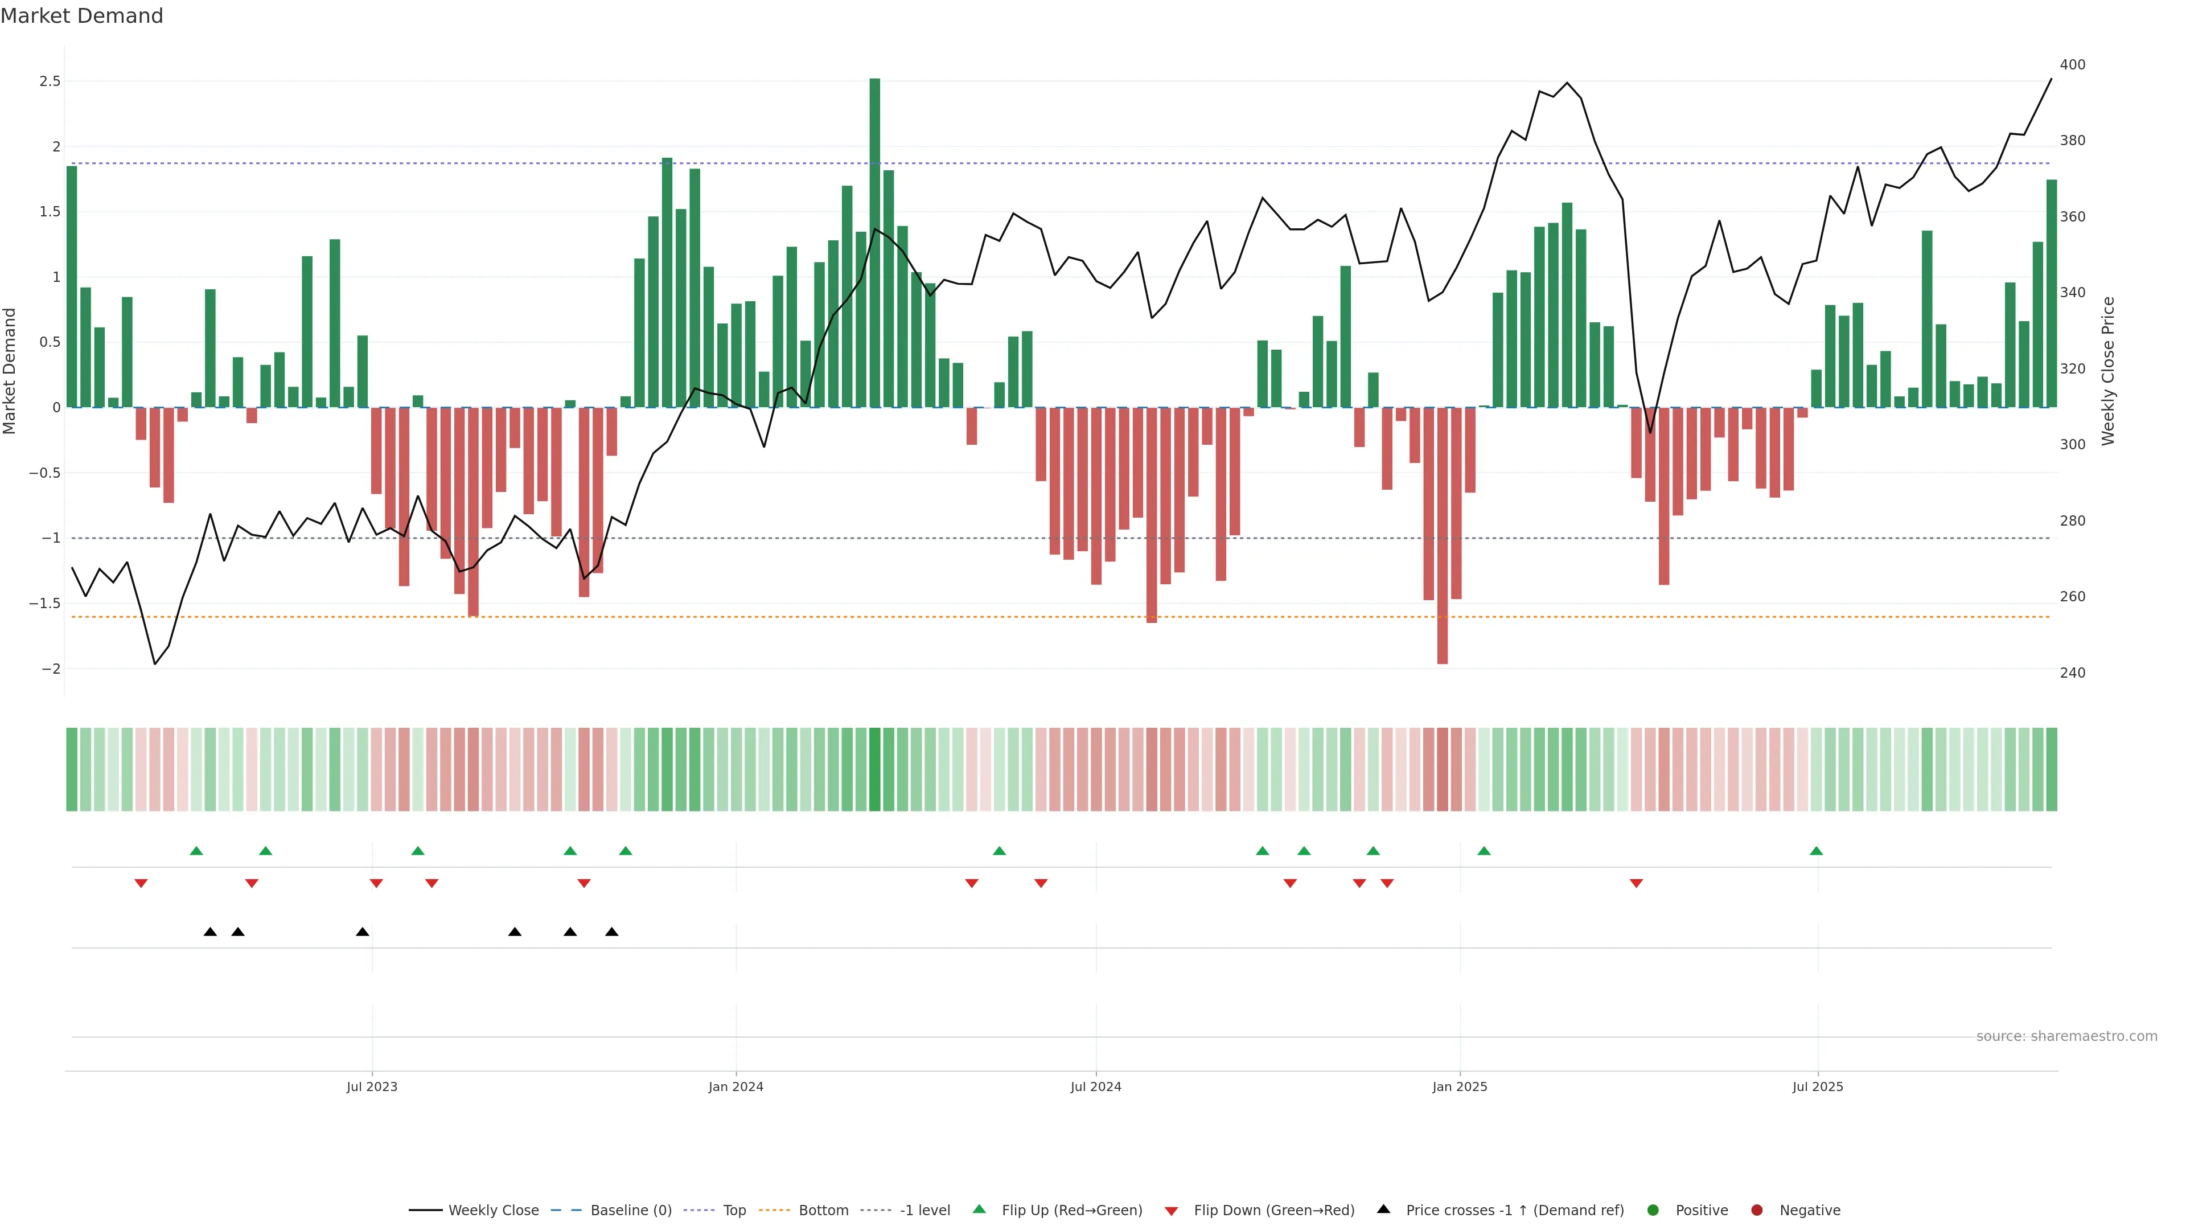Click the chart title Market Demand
(x=81, y=16)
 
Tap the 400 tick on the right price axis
(x=2072, y=64)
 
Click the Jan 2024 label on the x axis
(x=735, y=1086)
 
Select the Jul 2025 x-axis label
(x=1818, y=1086)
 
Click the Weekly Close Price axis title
(x=2108, y=371)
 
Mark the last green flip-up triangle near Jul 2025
(x=1816, y=851)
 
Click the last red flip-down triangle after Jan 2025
(x=1636, y=884)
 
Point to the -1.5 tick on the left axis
(x=44, y=604)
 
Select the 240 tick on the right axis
(x=2072, y=673)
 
